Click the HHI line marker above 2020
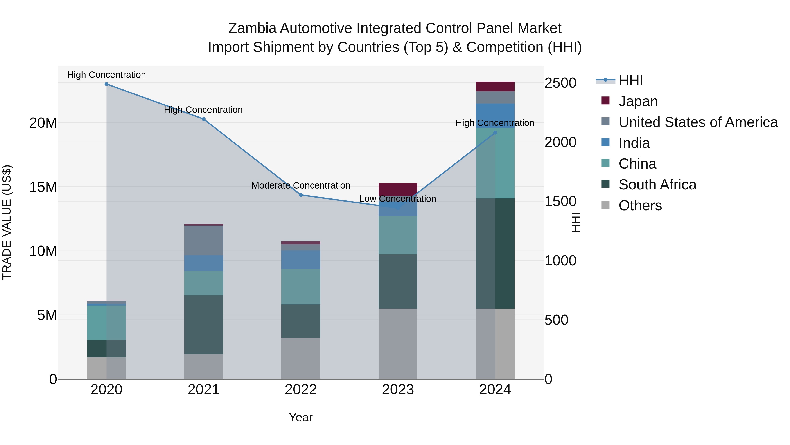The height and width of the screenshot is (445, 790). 106,84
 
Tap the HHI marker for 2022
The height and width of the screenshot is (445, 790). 301,195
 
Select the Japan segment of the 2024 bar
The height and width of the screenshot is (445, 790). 495,87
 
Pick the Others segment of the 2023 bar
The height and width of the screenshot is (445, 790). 398,344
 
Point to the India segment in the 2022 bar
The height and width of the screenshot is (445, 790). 301,260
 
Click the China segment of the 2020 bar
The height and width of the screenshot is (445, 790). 106,322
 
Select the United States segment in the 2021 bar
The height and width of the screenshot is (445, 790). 204,240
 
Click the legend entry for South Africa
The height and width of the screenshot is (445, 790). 657,185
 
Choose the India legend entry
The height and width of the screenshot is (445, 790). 634,143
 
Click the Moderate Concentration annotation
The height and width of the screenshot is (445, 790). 301,185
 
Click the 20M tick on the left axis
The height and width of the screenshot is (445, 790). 43,123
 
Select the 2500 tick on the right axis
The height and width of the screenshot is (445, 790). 560,83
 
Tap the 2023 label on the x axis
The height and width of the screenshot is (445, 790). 398,390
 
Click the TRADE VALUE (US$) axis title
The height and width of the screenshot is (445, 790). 7,222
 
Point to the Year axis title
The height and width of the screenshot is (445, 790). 301,417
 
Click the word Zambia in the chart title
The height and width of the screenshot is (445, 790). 252,29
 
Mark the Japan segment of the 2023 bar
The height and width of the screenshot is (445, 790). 398,189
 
